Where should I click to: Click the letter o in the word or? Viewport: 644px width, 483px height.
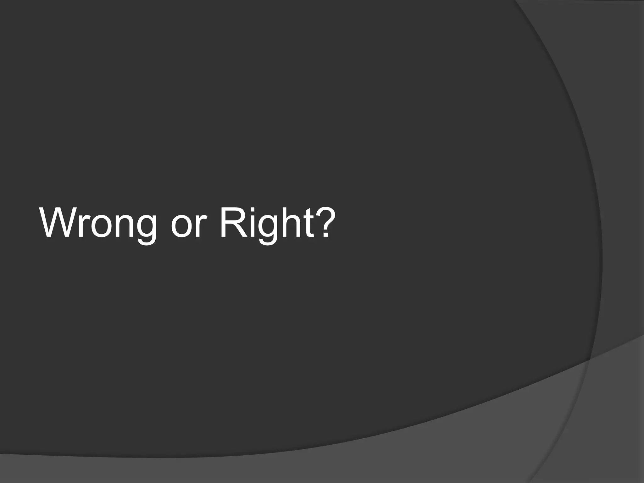click(x=181, y=226)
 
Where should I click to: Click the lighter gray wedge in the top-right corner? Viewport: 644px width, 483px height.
click(x=597, y=25)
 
